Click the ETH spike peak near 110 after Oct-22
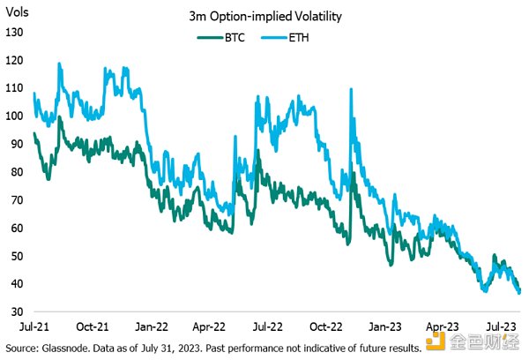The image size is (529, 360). (x=352, y=89)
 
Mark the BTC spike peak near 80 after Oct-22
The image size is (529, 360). (x=353, y=173)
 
